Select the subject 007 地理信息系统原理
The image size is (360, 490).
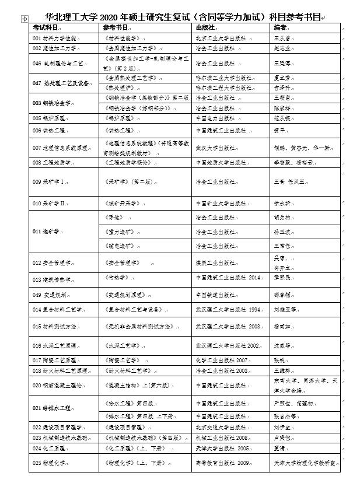pos(61,148)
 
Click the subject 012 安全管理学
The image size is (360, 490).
pos(54,263)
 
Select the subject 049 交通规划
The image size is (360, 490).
pos(53,295)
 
